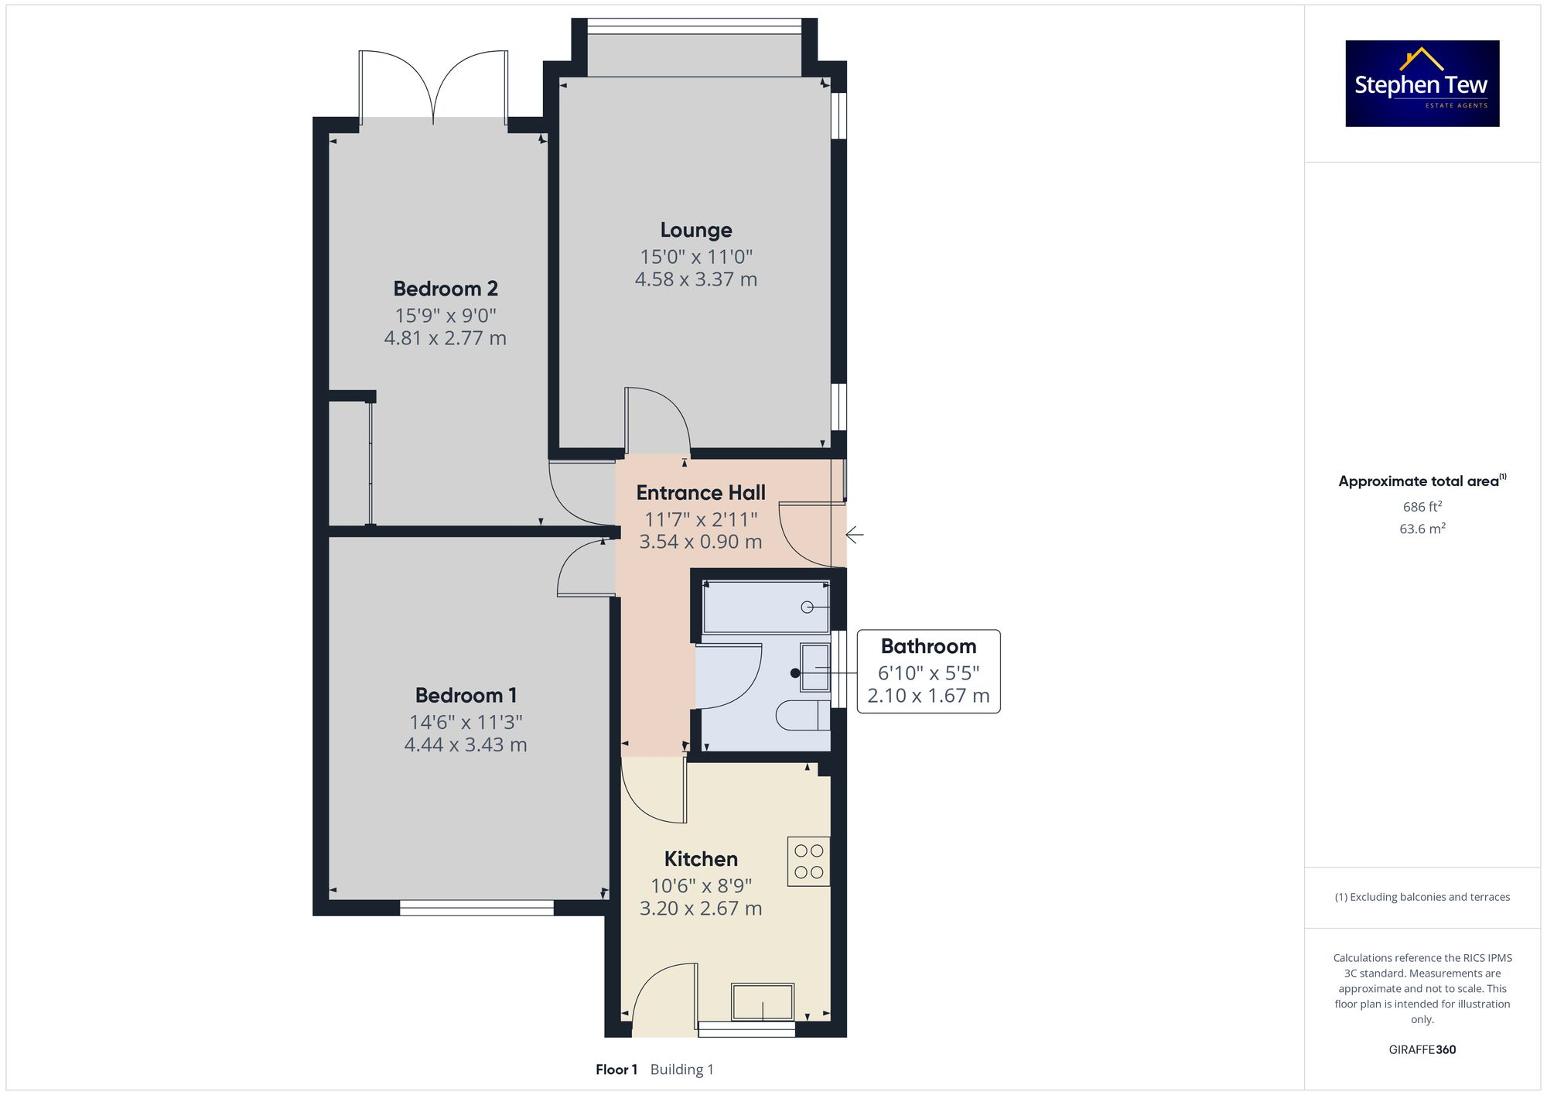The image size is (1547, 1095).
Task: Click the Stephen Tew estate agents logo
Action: point(1422,84)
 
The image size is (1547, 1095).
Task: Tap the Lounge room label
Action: point(695,231)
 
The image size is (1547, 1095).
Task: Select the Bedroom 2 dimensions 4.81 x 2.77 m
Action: point(445,338)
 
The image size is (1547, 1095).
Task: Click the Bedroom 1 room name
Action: point(466,695)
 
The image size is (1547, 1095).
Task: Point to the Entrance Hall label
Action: point(700,493)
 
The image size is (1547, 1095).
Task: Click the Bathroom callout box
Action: point(928,671)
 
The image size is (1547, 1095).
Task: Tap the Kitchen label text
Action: point(701,859)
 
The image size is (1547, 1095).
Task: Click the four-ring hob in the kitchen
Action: point(808,861)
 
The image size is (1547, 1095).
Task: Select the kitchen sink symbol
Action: point(763,1002)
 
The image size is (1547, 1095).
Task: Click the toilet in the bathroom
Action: point(802,716)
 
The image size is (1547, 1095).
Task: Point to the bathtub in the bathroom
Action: point(764,607)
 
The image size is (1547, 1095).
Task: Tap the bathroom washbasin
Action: point(814,668)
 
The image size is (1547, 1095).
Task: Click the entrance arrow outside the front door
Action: point(854,534)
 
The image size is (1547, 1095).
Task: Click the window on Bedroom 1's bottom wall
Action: point(476,908)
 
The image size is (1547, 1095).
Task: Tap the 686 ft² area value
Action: point(1422,507)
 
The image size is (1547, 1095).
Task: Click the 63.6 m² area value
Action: point(1422,529)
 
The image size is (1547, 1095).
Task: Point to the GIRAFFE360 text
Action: point(1422,1050)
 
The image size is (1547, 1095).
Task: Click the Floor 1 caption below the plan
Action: point(616,1069)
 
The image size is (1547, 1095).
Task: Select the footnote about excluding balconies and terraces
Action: point(1422,897)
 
